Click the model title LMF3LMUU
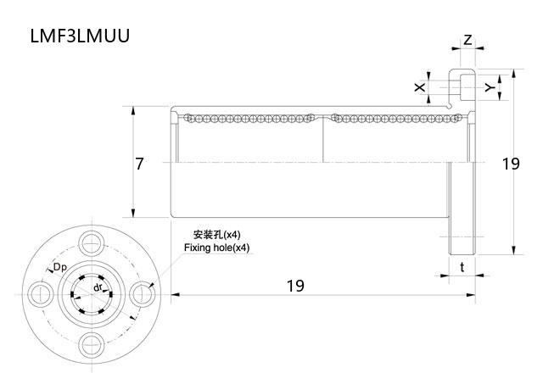pos(80,36)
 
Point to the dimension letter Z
pos(467,40)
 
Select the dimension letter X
pos(419,87)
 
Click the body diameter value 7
pos(139,164)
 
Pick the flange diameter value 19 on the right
pos(510,164)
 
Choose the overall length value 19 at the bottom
pos(294,286)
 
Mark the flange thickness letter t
pos(462,267)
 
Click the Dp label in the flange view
pos(60,268)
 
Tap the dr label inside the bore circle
pos(99,288)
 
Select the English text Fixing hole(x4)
pos(217,248)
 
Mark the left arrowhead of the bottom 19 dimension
pos(175,295)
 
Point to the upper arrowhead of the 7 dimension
pos(134,109)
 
